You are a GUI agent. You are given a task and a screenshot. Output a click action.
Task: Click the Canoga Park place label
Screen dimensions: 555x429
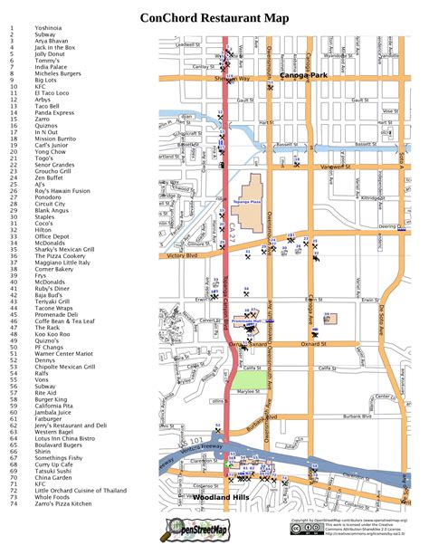pyautogui.click(x=303, y=74)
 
